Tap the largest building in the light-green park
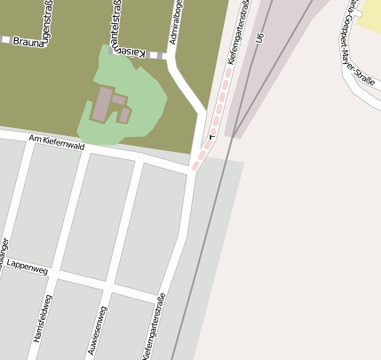click(102, 104)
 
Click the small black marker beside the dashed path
click(211, 138)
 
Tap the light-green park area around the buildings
click(142, 89)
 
